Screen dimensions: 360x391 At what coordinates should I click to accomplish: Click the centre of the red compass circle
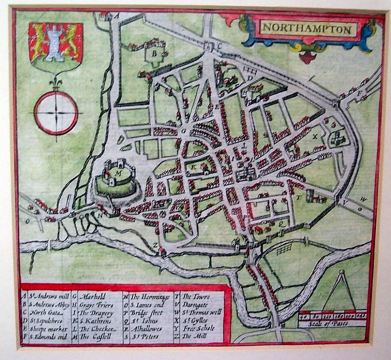click(55, 113)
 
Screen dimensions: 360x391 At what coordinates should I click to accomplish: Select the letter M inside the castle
click(118, 173)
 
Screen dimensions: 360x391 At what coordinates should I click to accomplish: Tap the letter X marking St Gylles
click(315, 135)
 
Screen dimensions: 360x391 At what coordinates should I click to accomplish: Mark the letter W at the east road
click(363, 199)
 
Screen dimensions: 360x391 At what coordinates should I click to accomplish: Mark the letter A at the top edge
click(117, 16)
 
